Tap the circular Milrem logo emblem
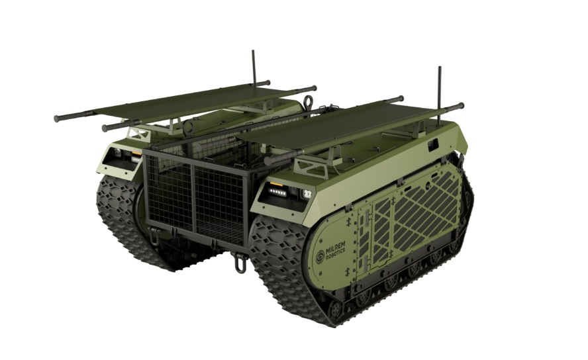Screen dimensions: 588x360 (x=320, y=257)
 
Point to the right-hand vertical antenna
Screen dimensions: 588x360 (x=440, y=95)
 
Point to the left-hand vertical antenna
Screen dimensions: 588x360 (x=254, y=67)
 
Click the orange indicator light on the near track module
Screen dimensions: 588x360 (x=277, y=185)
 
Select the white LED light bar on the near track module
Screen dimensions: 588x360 (x=278, y=193)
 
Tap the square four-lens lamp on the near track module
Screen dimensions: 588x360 (x=307, y=194)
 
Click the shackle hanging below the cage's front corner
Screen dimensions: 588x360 (x=239, y=263)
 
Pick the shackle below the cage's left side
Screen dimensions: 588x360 (x=154, y=238)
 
